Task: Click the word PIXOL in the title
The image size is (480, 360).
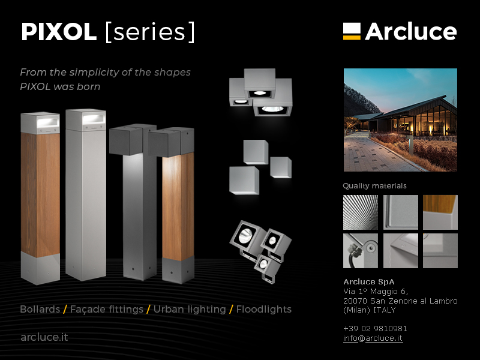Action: tap(59, 32)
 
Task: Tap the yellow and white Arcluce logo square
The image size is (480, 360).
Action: tap(352, 31)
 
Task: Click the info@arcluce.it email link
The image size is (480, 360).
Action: tap(373, 338)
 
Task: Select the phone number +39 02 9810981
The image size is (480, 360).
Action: tap(375, 328)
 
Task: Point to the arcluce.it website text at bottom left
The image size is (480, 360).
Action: tap(44, 337)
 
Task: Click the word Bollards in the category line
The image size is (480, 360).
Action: tap(40, 309)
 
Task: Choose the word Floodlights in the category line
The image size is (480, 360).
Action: tap(264, 309)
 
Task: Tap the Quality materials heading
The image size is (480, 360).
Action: tap(374, 186)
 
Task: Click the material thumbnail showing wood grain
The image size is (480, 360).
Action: tap(440, 212)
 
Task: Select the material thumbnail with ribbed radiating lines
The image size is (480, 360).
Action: tap(361, 212)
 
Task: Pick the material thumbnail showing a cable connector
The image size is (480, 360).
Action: tap(361, 251)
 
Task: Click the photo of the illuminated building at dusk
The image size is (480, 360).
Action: tap(400, 119)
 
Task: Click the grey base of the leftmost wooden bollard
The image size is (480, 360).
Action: tap(40, 268)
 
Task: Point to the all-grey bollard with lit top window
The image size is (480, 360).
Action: tap(86, 194)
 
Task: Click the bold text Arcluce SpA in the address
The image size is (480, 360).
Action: tap(369, 281)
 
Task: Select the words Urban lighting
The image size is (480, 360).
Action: tap(190, 309)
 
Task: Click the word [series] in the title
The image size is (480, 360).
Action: tap(149, 32)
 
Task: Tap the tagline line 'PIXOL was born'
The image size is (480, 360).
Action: tap(60, 86)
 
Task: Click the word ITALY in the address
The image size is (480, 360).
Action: tap(384, 310)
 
